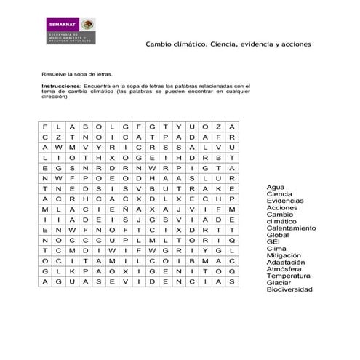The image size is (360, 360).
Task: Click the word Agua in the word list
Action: coord(276,187)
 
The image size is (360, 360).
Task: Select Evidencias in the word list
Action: coord(285,201)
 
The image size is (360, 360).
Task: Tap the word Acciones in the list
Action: coord(282,208)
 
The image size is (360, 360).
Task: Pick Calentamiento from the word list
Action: coord(291,228)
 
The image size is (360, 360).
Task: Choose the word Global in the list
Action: coord(278,235)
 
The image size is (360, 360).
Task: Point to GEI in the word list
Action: coord(273,242)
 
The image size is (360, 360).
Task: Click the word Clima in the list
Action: coord(276,249)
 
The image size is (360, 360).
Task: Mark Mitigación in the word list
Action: coord(284,255)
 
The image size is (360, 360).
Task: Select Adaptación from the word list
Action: coord(285,263)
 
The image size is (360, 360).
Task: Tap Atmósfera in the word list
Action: coord(284,269)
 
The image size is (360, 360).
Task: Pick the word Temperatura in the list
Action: coord(288,276)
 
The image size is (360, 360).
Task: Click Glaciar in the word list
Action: coord(279,283)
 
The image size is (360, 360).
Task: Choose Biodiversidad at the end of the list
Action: coord(289,289)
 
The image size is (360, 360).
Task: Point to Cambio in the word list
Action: coord(279,215)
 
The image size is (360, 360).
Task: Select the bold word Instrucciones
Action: coord(62,85)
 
